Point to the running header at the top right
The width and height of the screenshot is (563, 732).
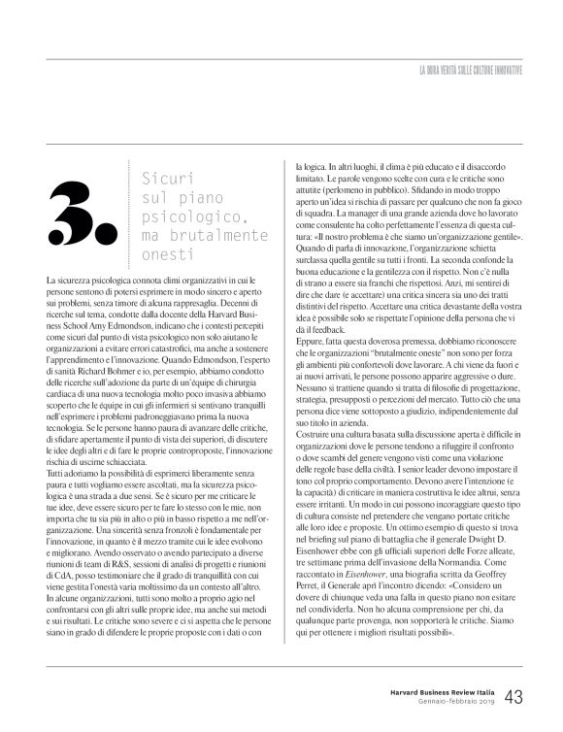tap(470, 72)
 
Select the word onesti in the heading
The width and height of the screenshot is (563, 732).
tap(161, 254)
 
